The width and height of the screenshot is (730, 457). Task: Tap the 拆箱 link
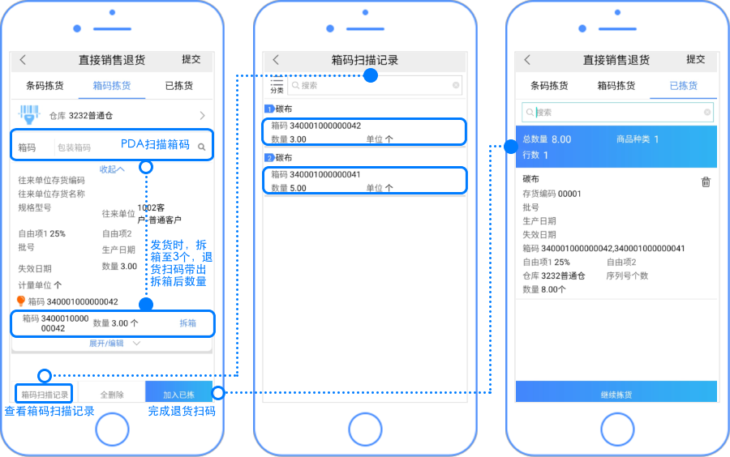tap(187, 323)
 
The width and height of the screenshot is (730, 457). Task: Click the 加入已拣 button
tap(178, 395)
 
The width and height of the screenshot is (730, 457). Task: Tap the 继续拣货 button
tap(616, 395)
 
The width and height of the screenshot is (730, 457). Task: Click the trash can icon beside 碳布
tap(706, 182)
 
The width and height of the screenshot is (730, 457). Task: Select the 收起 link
tap(112, 169)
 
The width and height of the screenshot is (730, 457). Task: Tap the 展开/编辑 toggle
tap(113, 344)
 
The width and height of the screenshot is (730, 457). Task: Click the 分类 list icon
tap(277, 85)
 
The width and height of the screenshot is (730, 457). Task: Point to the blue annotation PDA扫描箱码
tap(155, 145)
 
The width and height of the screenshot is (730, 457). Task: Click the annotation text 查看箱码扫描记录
tap(49, 412)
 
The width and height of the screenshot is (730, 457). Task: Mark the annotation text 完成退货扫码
tap(182, 412)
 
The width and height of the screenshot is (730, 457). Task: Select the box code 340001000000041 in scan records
tap(316, 174)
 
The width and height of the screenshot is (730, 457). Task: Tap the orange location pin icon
tap(22, 301)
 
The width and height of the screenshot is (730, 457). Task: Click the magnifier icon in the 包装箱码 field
tap(201, 147)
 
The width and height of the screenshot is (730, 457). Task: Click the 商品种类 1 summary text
tap(638, 139)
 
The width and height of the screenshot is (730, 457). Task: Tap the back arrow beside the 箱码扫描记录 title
tap(276, 60)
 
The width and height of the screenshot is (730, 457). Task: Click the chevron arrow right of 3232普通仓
tap(202, 116)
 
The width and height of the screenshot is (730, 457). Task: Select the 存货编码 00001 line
tap(552, 194)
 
